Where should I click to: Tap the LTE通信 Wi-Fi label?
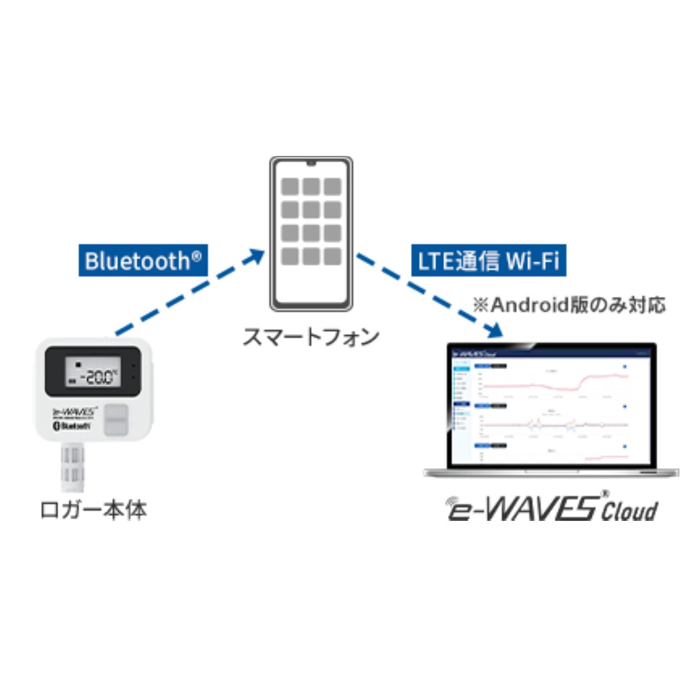(x=488, y=260)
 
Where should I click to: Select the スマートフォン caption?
(x=311, y=336)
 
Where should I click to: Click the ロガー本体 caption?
(x=93, y=510)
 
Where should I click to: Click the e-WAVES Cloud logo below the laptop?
(x=552, y=507)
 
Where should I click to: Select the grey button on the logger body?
(x=118, y=418)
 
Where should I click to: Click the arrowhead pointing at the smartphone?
(x=255, y=256)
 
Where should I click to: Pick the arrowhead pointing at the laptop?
(x=494, y=331)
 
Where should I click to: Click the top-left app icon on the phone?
(x=290, y=187)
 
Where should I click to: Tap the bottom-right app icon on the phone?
(x=332, y=256)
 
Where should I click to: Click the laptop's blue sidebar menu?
(x=462, y=400)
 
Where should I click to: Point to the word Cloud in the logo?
(x=629, y=511)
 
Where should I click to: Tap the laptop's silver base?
(x=551, y=472)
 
